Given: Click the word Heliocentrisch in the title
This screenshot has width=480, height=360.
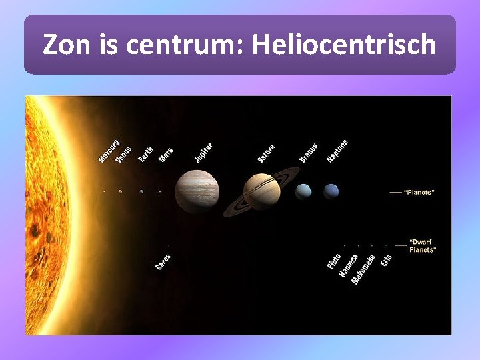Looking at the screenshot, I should coord(344,45).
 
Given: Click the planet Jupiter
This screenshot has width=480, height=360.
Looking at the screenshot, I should coord(197,191).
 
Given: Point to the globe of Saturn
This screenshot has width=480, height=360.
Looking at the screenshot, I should coord(261,191).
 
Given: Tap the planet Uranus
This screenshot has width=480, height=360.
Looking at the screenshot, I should coord(303,192).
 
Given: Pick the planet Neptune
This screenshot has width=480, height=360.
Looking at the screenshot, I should coord(331,192).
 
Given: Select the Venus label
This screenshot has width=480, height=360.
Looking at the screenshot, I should coord(124,154).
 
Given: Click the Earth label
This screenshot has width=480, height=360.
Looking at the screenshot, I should coord(146,155).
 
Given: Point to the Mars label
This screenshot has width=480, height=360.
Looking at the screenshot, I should coord(165,155).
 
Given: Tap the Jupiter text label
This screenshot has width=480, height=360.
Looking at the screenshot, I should coord(203,153).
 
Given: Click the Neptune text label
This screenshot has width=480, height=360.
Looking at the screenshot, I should coord(337,151).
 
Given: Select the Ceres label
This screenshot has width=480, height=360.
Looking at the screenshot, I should coord(163,262).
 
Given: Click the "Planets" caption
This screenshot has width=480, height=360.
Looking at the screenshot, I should coord(419,192).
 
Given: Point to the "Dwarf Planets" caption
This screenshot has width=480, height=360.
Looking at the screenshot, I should coord(423,245).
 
